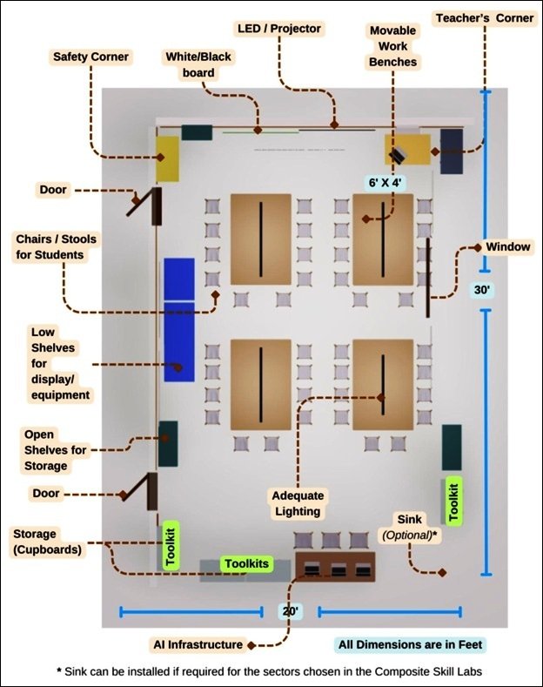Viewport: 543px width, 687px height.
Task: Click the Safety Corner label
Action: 90,57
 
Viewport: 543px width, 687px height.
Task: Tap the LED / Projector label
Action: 279,29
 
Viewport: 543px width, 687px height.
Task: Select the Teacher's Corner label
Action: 485,18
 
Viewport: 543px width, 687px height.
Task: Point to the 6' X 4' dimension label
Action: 385,183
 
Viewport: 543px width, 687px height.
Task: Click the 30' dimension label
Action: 482,290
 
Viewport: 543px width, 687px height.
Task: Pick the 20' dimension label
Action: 291,610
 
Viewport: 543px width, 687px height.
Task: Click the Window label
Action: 508,246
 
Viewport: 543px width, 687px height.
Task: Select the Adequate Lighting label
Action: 298,503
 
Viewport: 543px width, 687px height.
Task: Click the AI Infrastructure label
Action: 198,644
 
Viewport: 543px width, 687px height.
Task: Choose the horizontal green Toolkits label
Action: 247,563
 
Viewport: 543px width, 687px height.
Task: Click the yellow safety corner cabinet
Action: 168,158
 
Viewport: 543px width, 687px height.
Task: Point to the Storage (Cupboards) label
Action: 47,542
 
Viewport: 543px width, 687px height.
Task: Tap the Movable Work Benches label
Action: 392,46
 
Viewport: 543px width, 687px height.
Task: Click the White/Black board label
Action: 198,64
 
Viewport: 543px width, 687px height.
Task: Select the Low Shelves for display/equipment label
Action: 60,364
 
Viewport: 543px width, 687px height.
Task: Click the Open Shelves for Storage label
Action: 55,450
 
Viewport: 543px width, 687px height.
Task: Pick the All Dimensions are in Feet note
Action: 411,644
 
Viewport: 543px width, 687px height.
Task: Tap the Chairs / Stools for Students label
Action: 56,247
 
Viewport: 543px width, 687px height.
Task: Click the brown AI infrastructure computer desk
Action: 335,567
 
